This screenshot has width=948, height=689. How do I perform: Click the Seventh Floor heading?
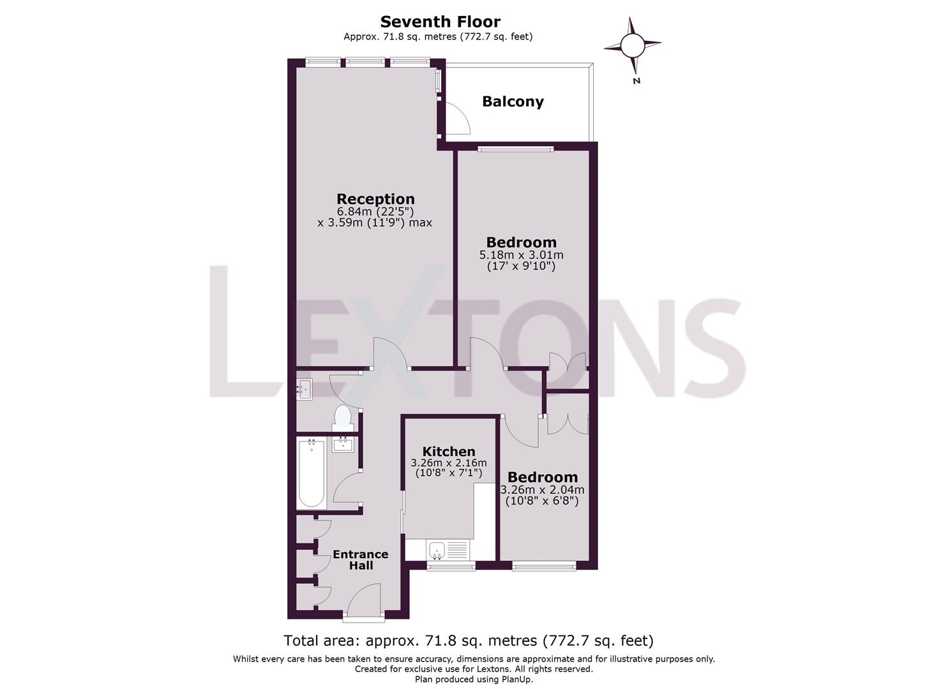(x=440, y=22)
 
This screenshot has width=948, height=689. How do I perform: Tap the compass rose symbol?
(x=632, y=45)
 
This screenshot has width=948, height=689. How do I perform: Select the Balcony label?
(x=513, y=101)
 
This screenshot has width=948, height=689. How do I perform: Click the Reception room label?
(x=375, y=199)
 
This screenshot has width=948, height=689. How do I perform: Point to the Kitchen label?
(x=449, y=451)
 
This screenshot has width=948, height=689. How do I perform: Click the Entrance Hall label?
(x=361, y=560)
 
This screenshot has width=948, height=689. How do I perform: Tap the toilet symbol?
(x=343, y=418)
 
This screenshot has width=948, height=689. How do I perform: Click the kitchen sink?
(x=437, y=551)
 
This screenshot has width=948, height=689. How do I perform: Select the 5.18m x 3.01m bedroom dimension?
(x=521, y=255)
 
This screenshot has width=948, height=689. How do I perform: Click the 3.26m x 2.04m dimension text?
(x=543, y=490)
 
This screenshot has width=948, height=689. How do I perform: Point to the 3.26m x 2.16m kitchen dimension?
(x=449, y=463)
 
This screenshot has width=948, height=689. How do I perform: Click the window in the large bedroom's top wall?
(x=516, y=149)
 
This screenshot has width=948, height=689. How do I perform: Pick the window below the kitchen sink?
(x=451, y=567)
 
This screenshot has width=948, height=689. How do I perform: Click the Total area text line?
(x=469, y=641)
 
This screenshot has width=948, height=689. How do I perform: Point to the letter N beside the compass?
(x=636, y=81)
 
